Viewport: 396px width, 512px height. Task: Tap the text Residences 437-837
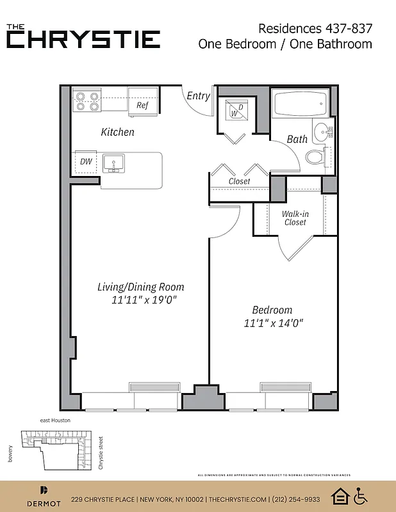(315, 28)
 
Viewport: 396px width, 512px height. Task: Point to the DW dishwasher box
(86, 161)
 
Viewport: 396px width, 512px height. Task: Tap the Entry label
(198, 96)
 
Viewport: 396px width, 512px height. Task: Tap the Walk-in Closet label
(295, 218)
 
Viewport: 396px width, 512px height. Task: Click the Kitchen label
(118, 132)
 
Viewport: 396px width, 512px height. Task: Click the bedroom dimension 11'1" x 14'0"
(272, 323)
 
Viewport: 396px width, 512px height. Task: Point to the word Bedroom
(272, 310)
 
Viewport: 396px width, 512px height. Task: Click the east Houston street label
(55, 420)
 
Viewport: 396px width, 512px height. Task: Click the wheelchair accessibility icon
(361, 496)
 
